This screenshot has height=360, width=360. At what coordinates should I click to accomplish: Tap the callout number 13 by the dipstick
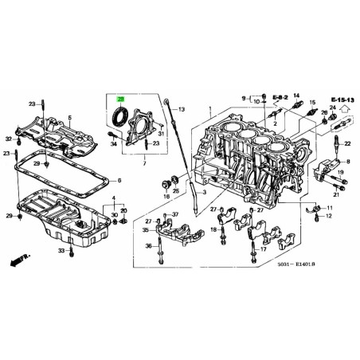[x=182, y=109]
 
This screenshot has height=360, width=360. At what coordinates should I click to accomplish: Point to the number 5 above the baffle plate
[x=70, y=119]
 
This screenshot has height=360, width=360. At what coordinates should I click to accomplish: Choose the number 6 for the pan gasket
[x=119, y=180]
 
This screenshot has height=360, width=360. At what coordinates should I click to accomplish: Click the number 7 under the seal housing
[x=144, y=164]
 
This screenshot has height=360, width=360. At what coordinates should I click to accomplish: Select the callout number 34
[x=113, y=143]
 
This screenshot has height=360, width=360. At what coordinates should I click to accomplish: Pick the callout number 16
[x=166, y=195]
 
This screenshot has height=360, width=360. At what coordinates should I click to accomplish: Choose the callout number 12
[x=329, y=216]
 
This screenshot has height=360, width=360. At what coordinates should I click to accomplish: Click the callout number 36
[x=147, y=246]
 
